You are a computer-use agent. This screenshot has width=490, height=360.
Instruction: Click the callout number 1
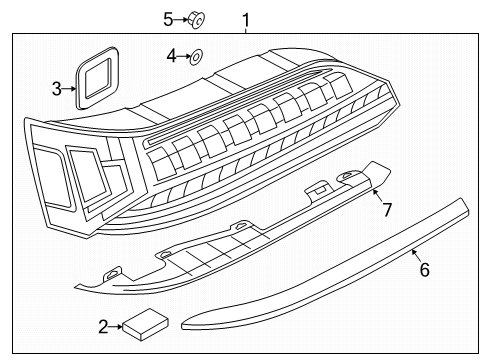click(x=246, y=20)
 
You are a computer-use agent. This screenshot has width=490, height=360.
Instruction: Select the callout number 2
click(x=103, y=327)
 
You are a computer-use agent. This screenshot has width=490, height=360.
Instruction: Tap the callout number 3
click(x=57, y=89)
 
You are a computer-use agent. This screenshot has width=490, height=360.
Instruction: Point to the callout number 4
click(x=171, y=56)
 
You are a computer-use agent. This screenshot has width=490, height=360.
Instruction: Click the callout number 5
click(x=168, y=20)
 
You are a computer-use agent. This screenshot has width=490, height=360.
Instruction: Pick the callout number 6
click(x=424, y=269)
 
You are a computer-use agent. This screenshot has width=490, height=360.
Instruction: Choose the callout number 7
click(x=387, y=210)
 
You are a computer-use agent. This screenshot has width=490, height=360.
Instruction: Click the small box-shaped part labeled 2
click(x=145, y=324)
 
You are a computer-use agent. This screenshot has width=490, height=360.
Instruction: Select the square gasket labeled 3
click(x=97, y=78)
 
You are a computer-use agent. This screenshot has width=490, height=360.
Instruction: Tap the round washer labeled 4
click(x=196, y=57)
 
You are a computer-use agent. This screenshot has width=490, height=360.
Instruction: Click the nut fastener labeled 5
click(x=196, y=20)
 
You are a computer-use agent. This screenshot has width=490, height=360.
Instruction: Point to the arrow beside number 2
click(x=115, y=327)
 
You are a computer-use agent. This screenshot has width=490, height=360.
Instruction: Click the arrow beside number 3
click(x=69, y=89)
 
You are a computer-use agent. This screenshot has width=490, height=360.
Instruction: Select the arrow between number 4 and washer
click(x=183, y=57)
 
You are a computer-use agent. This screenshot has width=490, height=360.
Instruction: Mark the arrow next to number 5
click(x=181, y=20)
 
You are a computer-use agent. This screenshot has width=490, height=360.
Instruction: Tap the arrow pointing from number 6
click(x=415, y=255)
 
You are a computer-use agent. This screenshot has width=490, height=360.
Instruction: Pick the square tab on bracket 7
click(x=318, y=189)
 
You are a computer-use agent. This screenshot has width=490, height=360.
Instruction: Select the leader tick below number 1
click(x=246, y=31)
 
